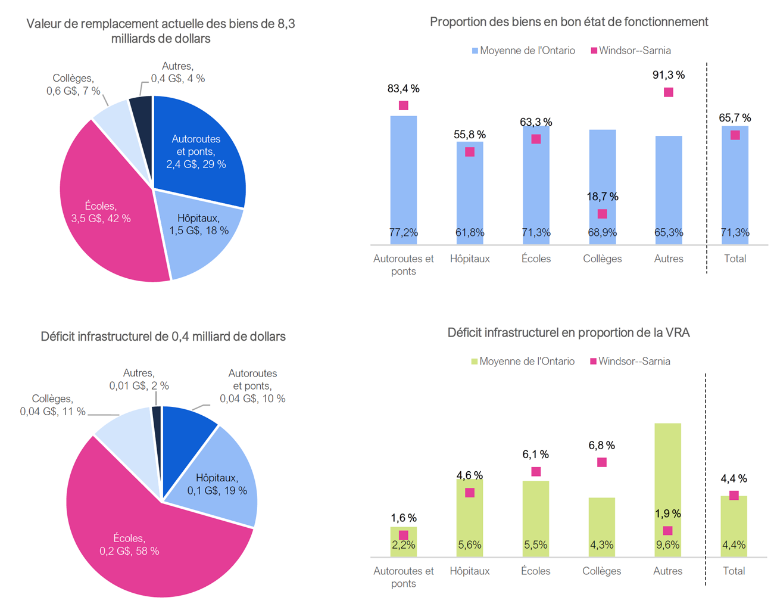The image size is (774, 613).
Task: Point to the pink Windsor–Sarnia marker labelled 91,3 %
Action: (x=669, y=92)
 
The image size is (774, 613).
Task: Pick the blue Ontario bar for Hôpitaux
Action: (x=470, y=191)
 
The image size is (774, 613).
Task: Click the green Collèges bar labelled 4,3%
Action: (x=601, y=524)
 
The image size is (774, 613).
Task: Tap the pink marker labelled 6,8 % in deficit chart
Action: (x=602, y=462)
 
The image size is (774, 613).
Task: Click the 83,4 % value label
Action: (x=403, y=89)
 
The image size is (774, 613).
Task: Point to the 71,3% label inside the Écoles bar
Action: (x=536, y=232)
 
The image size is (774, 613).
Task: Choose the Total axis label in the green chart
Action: (x=734, y=571)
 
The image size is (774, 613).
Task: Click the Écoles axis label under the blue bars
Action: (x=536, y=259)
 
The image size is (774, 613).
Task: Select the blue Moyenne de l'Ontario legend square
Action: (x=475, y=51)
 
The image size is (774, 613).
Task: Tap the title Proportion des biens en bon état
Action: (x=569, y=22)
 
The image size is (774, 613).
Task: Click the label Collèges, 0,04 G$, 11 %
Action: (x=52, y=405)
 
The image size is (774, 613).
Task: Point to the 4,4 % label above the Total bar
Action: (x=734, y=478)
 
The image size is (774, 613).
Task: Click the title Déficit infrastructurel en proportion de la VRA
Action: (x=569, y=333)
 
